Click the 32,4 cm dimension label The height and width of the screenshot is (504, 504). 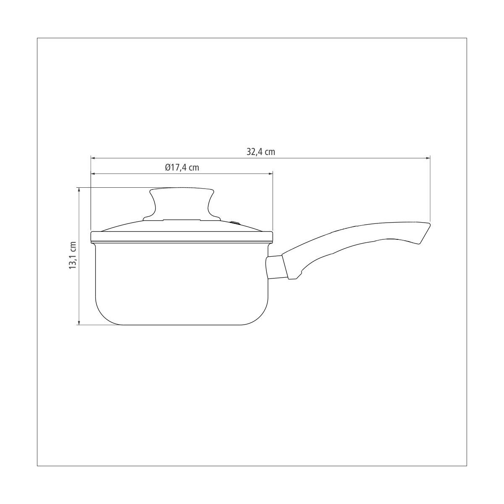pyautogui.click(x=261, y=152)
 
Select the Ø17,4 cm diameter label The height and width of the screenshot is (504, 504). pyautogui.click(x=181, y=168)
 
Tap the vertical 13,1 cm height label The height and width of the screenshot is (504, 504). pyautogui.click(x=73, y=255)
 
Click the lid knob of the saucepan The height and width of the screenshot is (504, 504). pyautogui.click(x=181, y=202)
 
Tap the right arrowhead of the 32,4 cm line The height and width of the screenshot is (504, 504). pyautogui.click(x=428, y=158)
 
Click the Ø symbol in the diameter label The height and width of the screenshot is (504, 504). pyautogui.click(x=167, y=168)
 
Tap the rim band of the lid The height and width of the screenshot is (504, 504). pyautogui.click(x=181, y=236)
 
